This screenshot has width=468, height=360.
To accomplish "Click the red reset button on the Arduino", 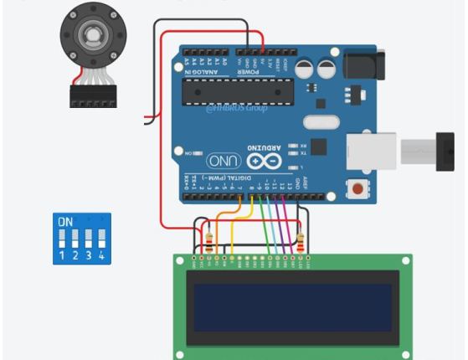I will (361, 189).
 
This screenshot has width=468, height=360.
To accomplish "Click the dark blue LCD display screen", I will (292, 306).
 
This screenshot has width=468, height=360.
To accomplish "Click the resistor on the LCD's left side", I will (208, 243).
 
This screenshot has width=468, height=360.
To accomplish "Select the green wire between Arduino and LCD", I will (265, 226).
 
